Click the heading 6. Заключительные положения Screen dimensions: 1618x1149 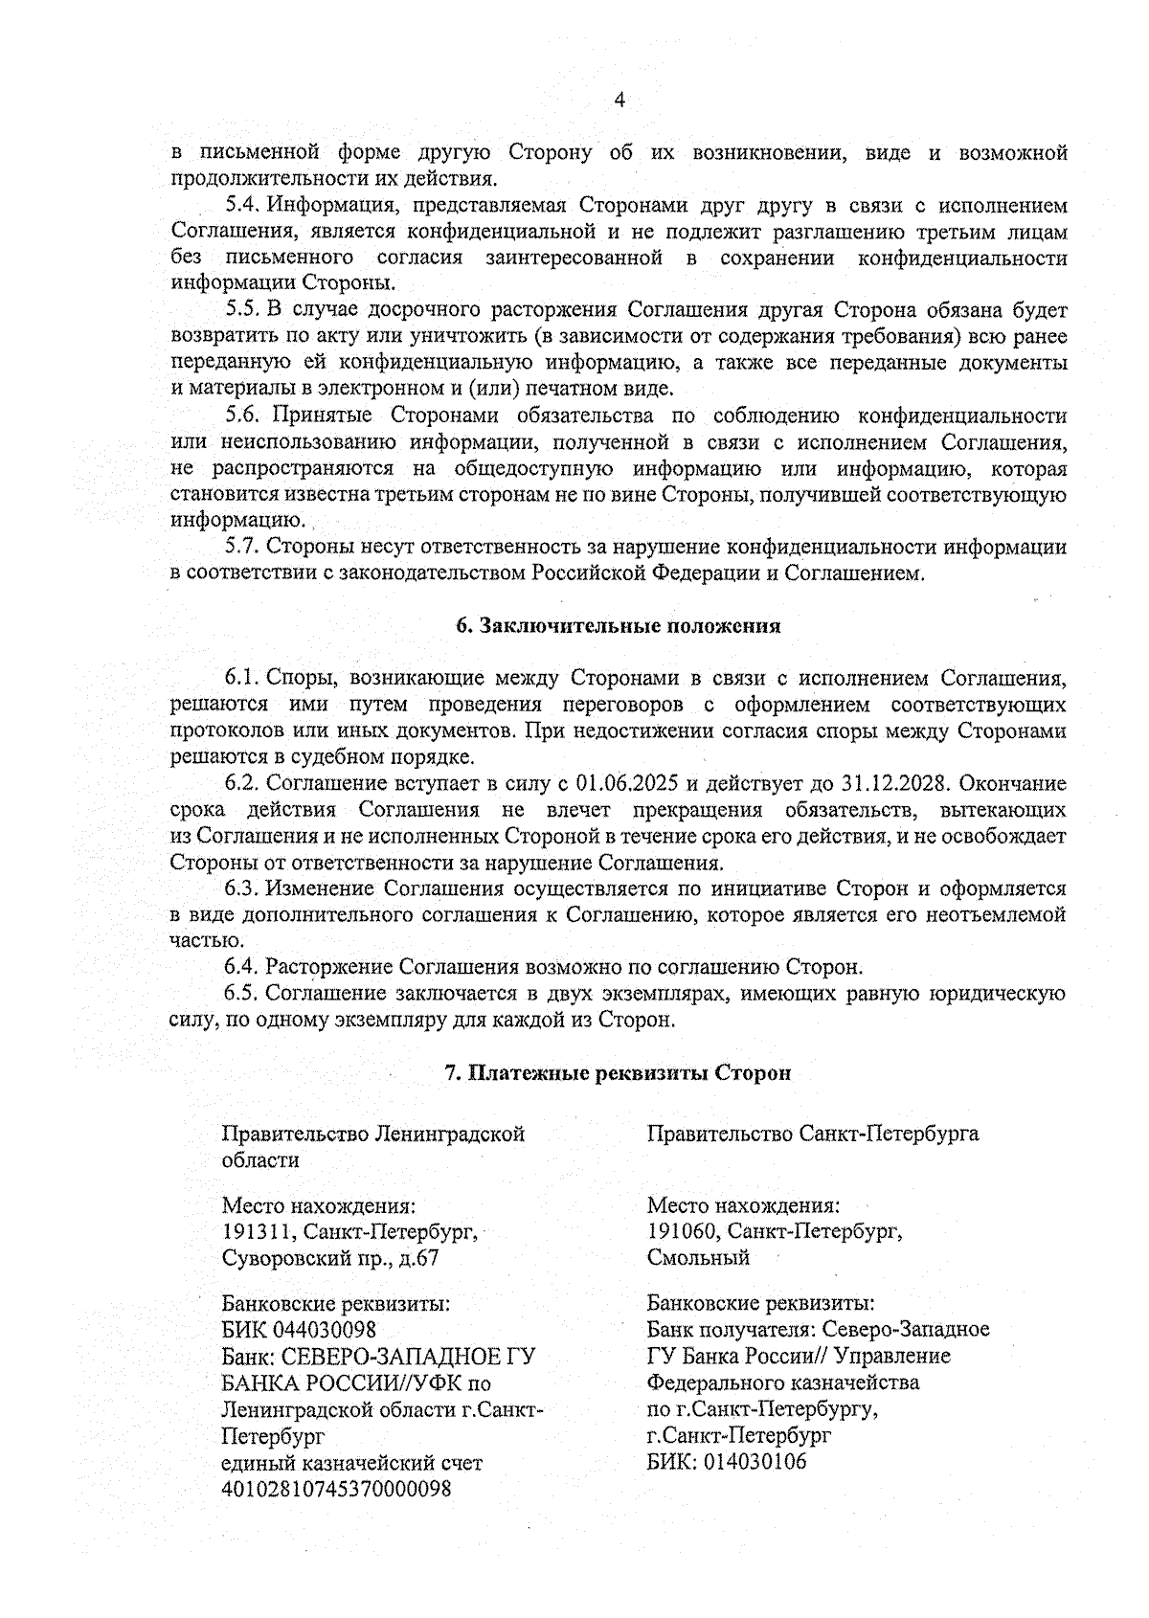tap(618, 626)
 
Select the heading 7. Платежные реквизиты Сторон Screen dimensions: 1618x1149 tap(618, 1073)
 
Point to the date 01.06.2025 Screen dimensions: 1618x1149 tap(628, 783)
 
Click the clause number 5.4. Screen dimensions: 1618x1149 tap(244, 205)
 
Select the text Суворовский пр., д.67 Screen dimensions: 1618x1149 tap(330, 1257)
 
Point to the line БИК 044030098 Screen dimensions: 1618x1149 tap(299, 1330)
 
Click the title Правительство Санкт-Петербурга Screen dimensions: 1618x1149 tap(813, 1135)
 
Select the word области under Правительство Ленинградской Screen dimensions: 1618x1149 tap(260, 1160)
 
